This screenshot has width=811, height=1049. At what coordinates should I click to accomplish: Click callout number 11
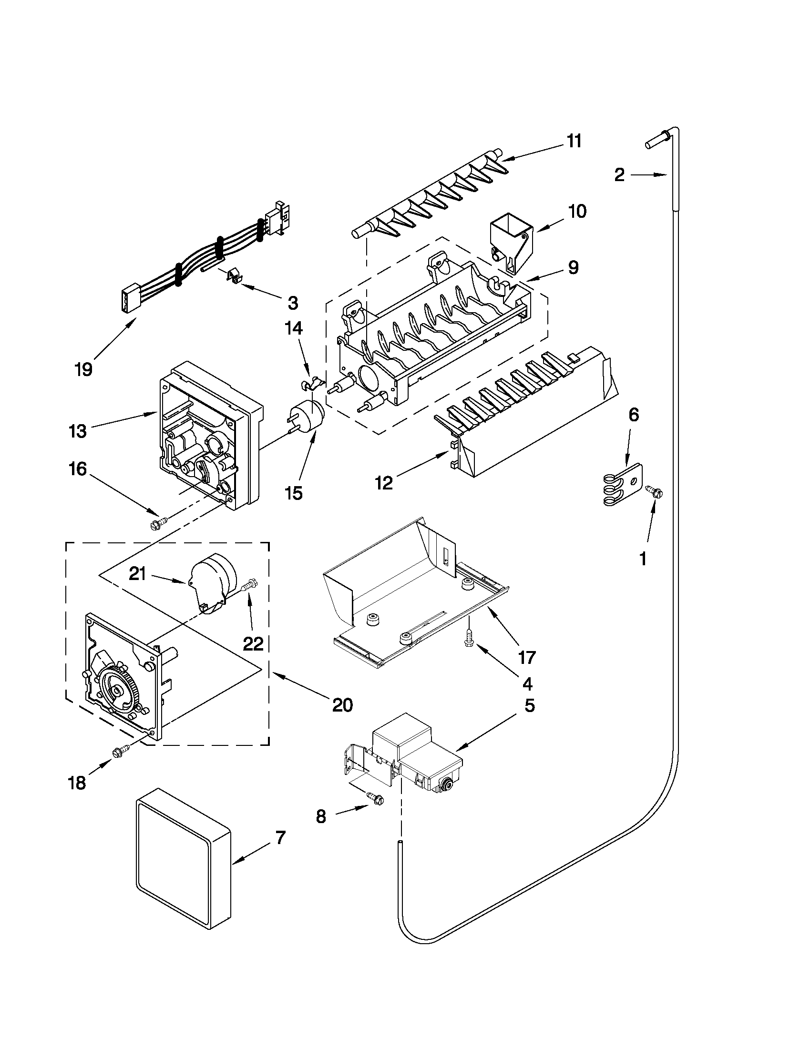[574, 141]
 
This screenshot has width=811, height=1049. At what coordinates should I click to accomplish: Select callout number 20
[342, 705]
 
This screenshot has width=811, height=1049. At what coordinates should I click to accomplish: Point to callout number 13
[77, 431]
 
